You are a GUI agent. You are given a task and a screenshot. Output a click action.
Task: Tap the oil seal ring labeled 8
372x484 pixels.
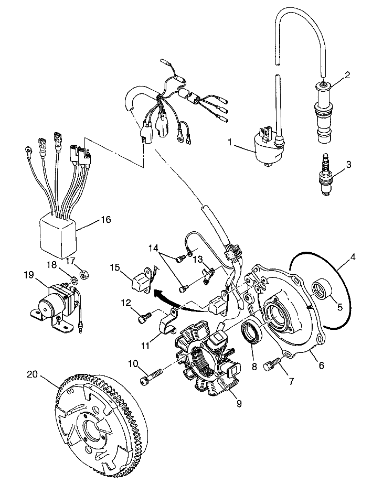[251, 335]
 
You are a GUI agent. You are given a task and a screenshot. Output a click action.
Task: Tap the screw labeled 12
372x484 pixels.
[144, 317]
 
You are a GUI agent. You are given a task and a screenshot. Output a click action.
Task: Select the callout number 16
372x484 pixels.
[106, 219]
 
